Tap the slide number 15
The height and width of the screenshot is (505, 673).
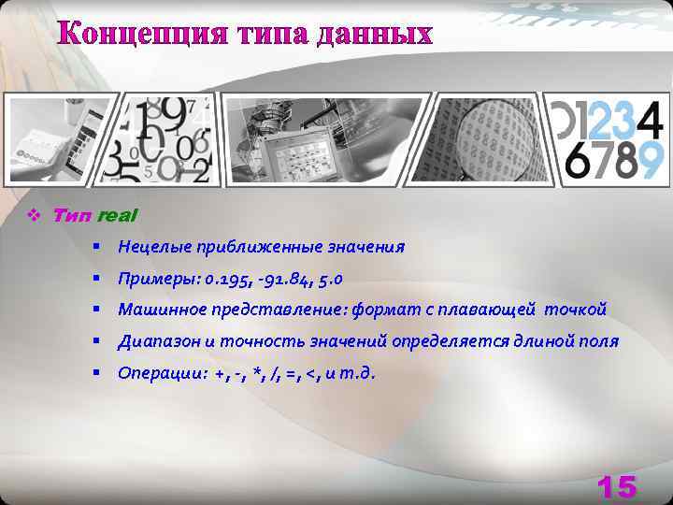pyautogui.click(x=616, y=486)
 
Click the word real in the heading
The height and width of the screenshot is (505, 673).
pyautogui.click(x=117, y=215)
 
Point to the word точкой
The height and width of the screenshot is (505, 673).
pyautogui.click(x=576, y=310)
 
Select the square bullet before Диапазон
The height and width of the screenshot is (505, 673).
pyautogui.click(x=96, y=341)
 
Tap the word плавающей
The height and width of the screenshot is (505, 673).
pyautogui.click(x=481, y=310)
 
